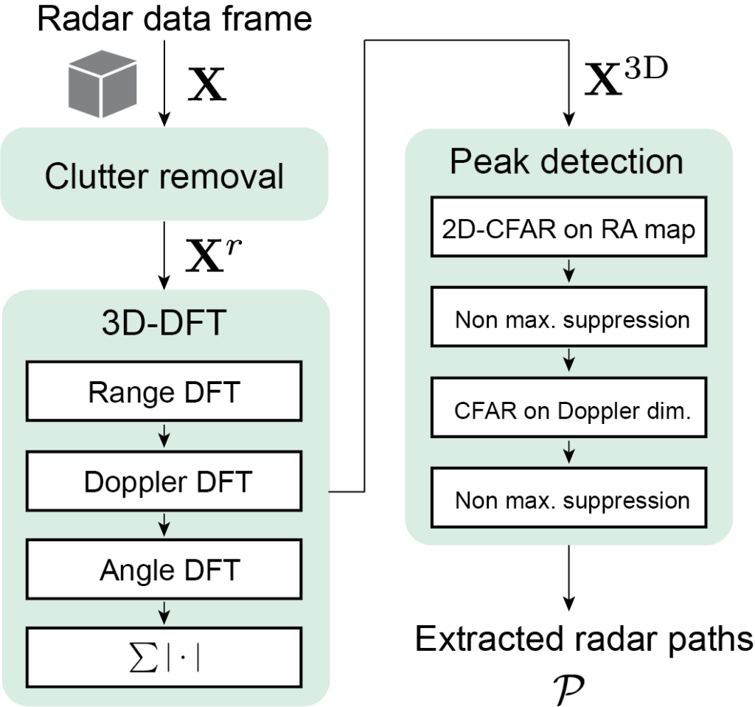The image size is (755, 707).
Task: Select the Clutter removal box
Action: [164, 175]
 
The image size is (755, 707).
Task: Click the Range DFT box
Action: [164, 392]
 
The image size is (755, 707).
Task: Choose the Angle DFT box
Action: [164, 570]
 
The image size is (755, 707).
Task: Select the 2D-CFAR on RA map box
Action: [568, 229]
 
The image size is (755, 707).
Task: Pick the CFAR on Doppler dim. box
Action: [568, 410]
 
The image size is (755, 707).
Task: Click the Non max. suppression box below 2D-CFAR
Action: [568, 319]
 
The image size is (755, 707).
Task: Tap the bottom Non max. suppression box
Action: [568, 501]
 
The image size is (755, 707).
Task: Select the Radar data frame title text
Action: [175, 19]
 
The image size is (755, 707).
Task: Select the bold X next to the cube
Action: [206, 87]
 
